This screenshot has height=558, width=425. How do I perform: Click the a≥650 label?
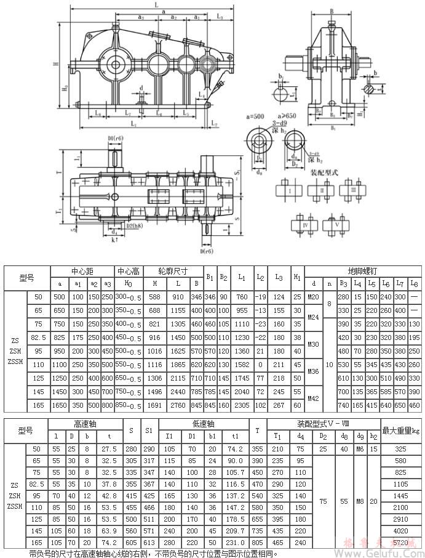(x=293, y=115)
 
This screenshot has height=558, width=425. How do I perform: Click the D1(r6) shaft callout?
(x=114, y=137)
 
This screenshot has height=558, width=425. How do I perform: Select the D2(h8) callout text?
(x=135, y=226)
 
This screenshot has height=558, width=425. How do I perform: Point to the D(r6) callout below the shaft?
(x=206, y=251)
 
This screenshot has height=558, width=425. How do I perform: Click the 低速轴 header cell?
(x=203, y=424)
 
